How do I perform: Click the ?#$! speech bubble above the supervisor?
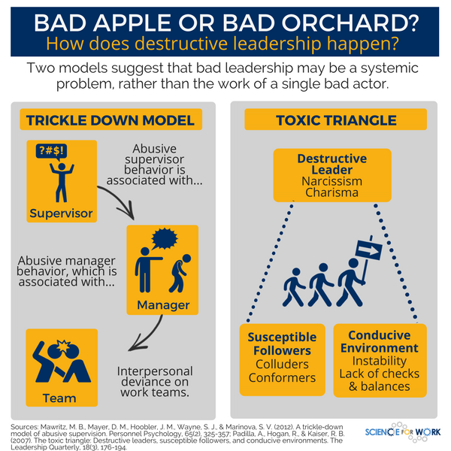click(x=51, y=152)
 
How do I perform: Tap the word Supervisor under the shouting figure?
click(x=61, y=213)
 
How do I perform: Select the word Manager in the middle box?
click(x=163, y=305)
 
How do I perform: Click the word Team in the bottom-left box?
click(x=59, y=398)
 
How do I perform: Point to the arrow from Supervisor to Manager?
click(x=121, y=198)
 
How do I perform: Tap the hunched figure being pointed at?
click(x=180, y=274)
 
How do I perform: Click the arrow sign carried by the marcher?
click(x=369, y=250)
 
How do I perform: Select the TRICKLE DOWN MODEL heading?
click(x=110, y=120)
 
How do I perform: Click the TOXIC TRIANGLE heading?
click(x=336, y=120)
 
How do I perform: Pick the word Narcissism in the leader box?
click(x=332, y=181)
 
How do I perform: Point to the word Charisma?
click(x=332, y=192)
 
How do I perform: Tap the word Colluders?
click(x=282, y=364)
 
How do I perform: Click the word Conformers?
click(x=282, y=377)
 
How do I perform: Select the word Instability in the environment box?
click(x=380, y=361)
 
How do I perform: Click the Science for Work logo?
click(x=403, y=431)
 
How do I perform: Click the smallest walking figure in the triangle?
click(x=293, y=287)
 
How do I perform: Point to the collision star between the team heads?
click(x=63, y=346)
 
